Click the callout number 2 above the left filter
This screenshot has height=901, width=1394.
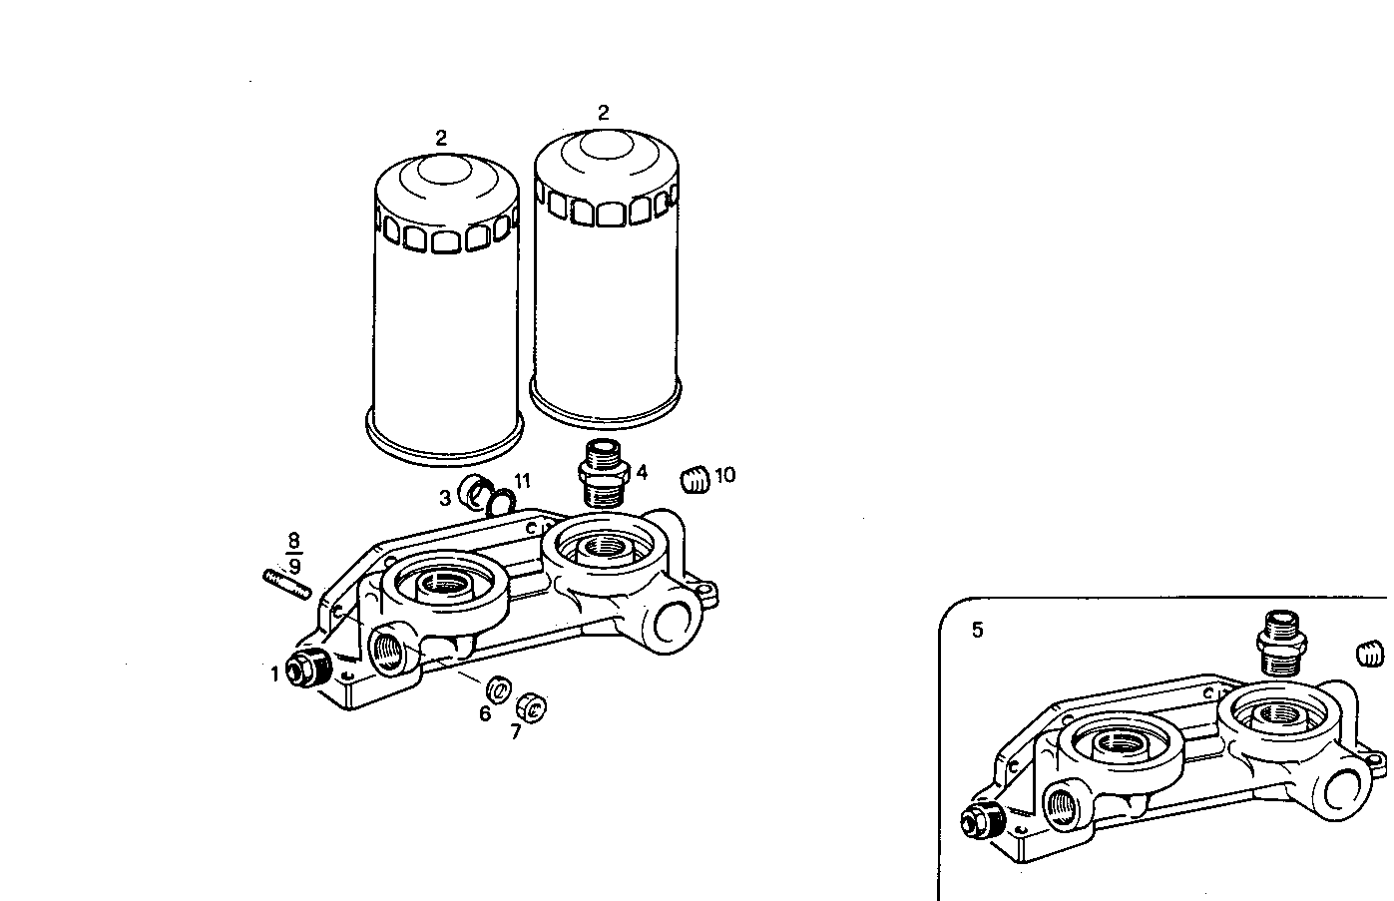(441, 138)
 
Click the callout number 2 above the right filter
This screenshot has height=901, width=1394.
(603, 113)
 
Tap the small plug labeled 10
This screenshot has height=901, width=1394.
(695, 480)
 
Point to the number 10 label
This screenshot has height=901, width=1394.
(725, 475)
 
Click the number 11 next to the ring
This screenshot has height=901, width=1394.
(522, 481)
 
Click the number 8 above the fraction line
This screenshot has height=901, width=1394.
(294, 542)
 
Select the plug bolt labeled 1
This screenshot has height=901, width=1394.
(304, 670)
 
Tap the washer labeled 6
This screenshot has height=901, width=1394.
(498, 688)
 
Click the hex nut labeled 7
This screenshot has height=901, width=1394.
(532, 708)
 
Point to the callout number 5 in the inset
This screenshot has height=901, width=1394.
(977, 630)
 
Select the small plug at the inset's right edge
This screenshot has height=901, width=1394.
(1373, 656)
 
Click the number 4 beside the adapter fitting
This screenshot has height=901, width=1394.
(642, 472)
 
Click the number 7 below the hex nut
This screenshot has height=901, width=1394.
(515, 731)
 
